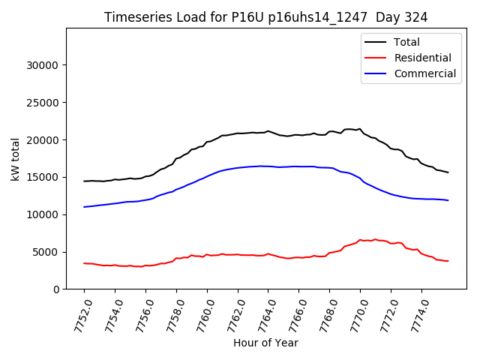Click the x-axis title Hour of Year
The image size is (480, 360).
pyautogui.click(x=265, y=343)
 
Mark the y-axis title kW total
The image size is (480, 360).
pyautogui.click(x=15, y=159)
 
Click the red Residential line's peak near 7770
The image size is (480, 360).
pyautogui.click(x=375, y=239)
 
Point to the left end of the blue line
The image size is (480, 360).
pyautogui.click(x=84, y=207)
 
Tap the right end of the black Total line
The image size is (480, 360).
pyautogui.click(x=448, y=172)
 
